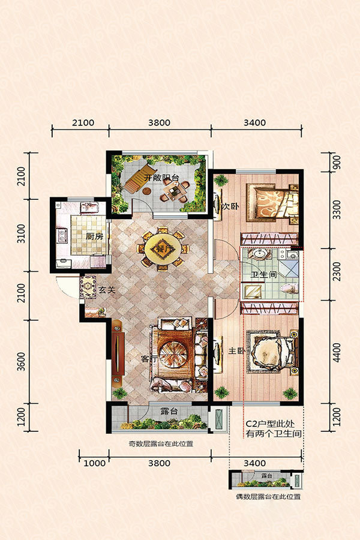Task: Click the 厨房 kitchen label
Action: coord(94,236)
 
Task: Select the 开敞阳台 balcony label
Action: coord(161,178)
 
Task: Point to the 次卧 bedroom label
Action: coord(230,206)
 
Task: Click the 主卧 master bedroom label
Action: coord(236,351)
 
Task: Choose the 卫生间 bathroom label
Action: coord(263,275)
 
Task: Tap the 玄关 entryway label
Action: coord(106,290)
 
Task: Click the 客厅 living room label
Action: coord(149,359)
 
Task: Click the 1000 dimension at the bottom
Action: coord(94,463)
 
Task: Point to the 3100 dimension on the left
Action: coord(22,233)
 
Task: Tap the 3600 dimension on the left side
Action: coord(22,361)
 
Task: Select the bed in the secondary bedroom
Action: coord(272,203)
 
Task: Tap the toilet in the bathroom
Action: coord(289,288)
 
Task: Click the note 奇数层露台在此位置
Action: coord(161,444)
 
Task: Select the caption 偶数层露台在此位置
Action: coord(268,497)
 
